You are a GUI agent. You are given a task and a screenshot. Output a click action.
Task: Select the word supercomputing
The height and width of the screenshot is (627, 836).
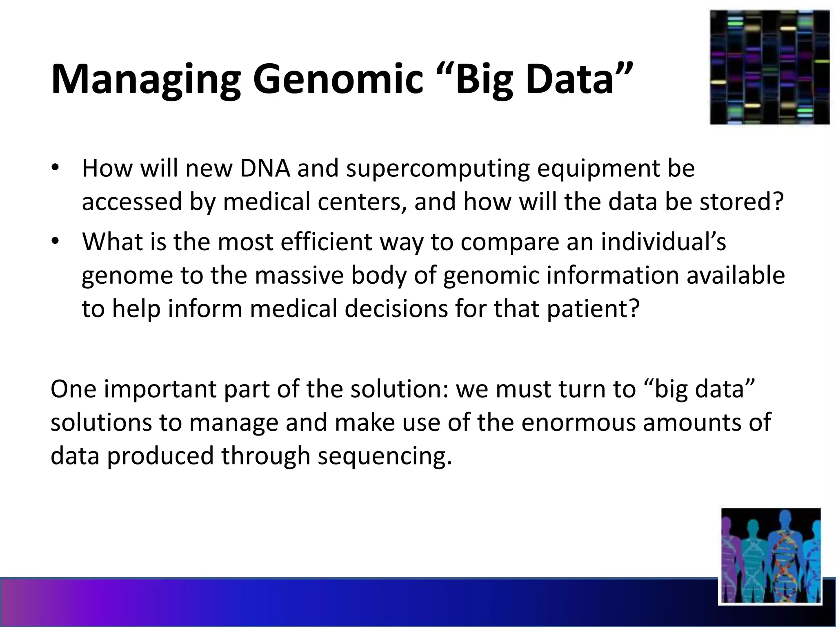tap(437, 169)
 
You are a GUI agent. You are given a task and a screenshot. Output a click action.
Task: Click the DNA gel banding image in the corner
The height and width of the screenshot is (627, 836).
tap(769, 67)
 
